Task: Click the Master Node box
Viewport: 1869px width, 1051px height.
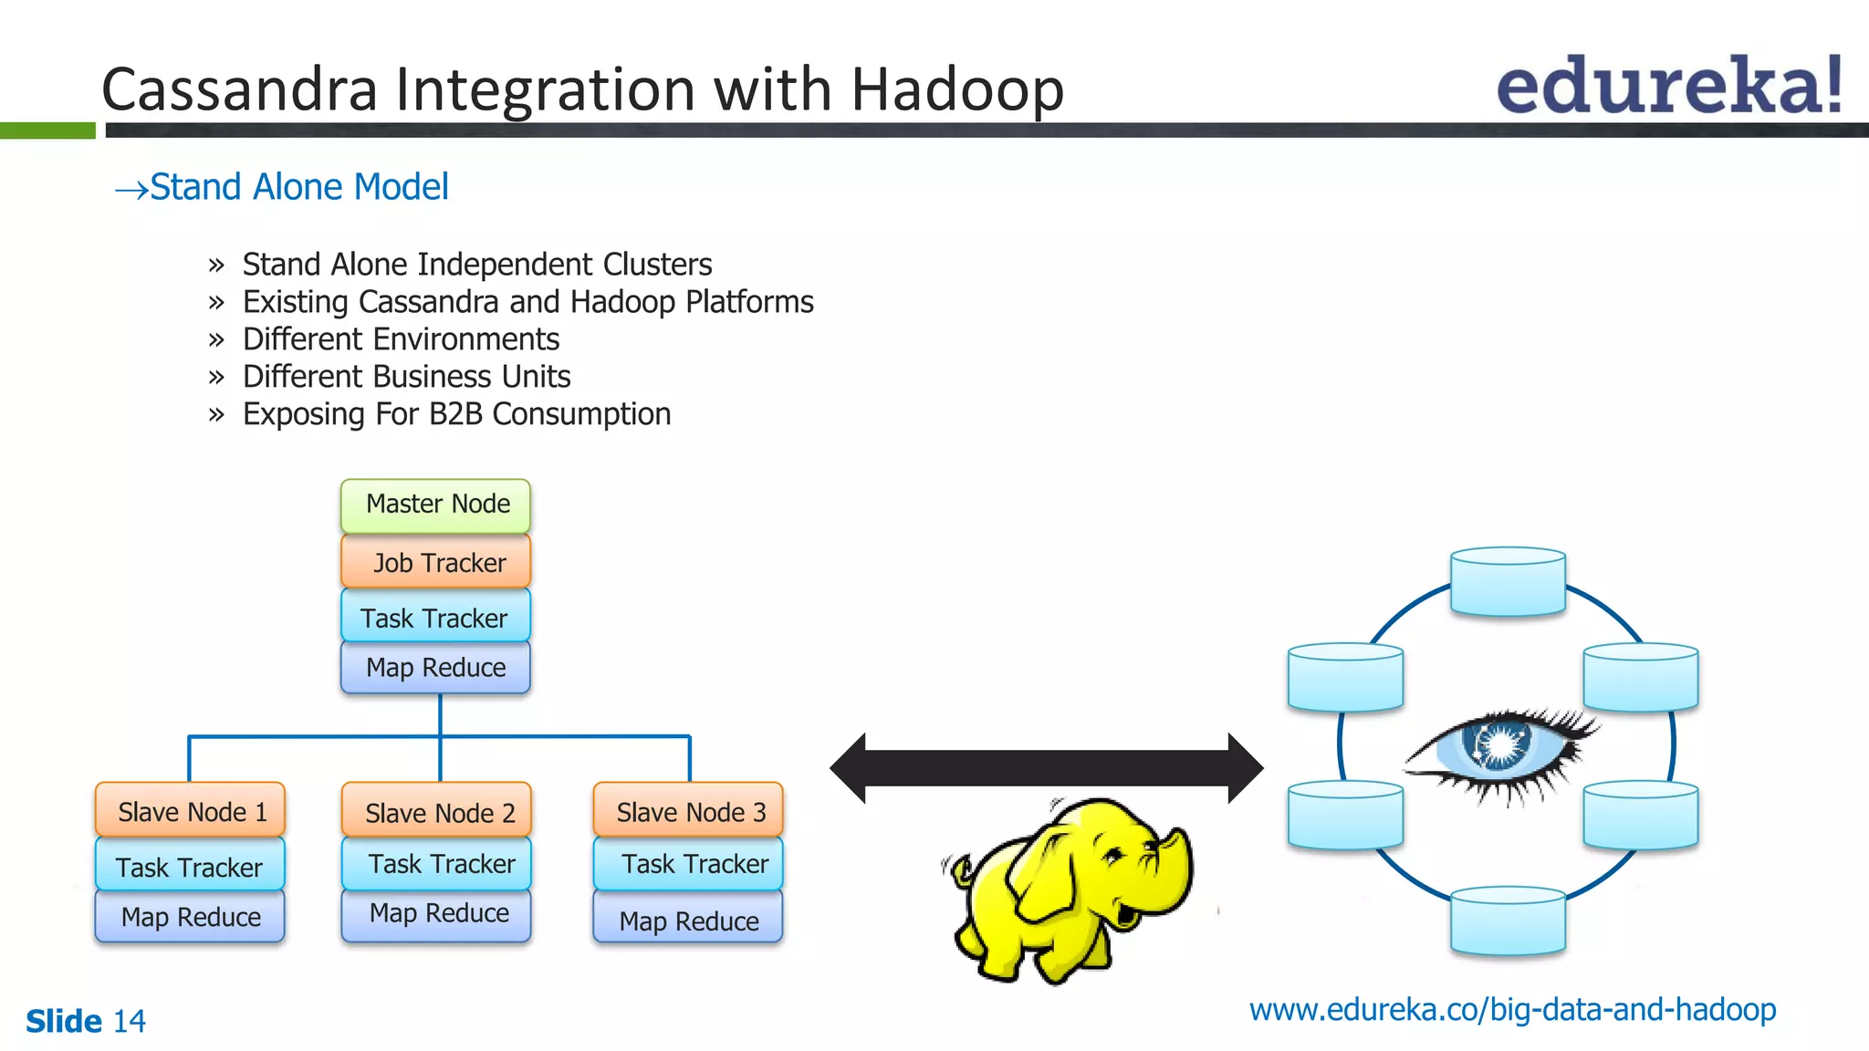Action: click(x=435, y=505)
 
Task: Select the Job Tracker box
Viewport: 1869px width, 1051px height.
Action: click(x=435, y=562)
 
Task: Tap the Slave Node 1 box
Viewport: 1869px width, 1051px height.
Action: click(x=190, y=811)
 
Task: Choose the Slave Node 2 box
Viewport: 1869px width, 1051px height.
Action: click(x=436, y=811)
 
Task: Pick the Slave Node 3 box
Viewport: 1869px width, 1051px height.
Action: click(x=688, y=811)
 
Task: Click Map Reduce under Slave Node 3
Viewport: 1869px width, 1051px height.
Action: click(x=688, y=920)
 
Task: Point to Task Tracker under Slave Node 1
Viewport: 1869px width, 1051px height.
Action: click(x=190, y=866)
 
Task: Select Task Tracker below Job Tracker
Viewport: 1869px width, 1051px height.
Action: click(x=435, y=618)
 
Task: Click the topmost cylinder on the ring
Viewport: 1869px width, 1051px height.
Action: click(x=1508, y=582)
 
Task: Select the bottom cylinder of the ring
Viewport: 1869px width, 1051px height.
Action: click(x=1508, y=921)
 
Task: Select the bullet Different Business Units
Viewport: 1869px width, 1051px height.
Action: click(x=406, y=376)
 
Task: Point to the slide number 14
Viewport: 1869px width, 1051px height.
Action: click(x=129, y=1021)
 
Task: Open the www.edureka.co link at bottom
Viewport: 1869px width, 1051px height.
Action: click(x=1512, y=1010)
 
